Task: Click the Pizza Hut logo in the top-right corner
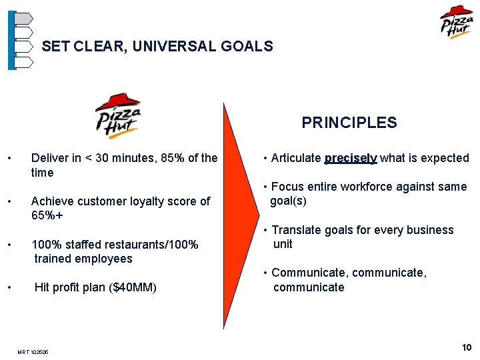(x=457, y=22)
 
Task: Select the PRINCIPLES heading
(x=349, y=123)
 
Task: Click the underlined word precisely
(x=351, y=158)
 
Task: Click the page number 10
(x=467, y=347)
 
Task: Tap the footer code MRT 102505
(x=34, y=352)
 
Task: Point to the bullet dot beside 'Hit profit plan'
(x=9, y=287)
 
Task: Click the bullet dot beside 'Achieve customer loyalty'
(x=9, y=201)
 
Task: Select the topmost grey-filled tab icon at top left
(x=23, y=18)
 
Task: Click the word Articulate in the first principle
(x=296, y=158)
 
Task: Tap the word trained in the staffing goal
(x=54, y=259)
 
